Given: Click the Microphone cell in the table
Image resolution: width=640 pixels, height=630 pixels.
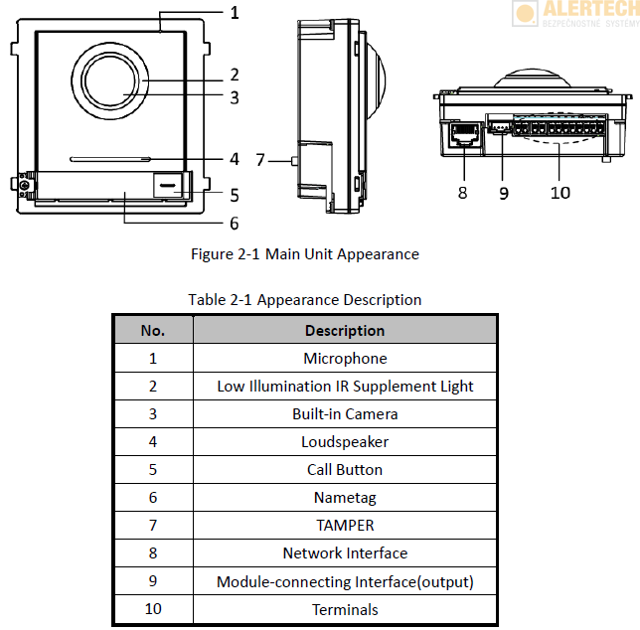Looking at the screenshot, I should coord(345,358).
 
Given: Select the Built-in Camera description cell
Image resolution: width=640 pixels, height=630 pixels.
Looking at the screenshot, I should coord(345,413).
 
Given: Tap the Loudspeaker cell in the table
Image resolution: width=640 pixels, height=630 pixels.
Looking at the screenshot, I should coord(345,441).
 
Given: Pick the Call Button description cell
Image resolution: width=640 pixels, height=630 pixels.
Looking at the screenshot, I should coord(345,469).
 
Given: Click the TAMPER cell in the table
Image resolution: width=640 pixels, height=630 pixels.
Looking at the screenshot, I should coord(345,525).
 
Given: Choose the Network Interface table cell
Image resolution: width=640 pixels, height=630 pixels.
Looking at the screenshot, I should coord(345,552).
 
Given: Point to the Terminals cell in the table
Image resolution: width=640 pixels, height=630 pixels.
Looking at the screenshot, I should coord(345,609).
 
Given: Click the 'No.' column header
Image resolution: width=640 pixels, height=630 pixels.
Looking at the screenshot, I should coord(153,330).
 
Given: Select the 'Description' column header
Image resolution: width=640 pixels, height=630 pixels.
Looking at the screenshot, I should coord(345,330).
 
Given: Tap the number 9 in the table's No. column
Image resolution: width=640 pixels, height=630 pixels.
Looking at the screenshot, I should coord(153,581).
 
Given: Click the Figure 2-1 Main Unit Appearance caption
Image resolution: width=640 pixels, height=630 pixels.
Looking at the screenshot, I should coord(305,254).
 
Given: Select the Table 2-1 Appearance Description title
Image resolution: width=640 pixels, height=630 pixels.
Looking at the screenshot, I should coord(305,300).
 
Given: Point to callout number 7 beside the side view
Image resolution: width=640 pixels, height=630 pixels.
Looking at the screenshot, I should coord(261,159).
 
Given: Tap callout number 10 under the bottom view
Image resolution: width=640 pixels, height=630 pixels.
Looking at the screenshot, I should coord(560,192).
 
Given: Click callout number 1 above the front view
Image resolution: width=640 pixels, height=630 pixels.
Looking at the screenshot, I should coord(235,13).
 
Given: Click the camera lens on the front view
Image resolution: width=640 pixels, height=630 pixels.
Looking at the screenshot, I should coord(111,83).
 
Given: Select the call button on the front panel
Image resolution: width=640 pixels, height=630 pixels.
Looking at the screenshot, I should coord(168,184).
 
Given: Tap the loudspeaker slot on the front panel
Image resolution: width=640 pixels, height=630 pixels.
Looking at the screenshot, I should coord(109,158).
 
